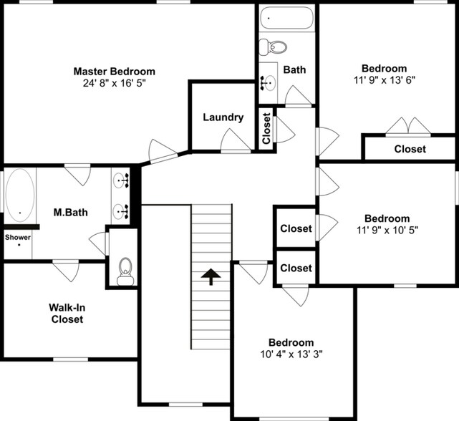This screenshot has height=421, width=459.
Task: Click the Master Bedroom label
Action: pyautogui.click(x=114, y=72)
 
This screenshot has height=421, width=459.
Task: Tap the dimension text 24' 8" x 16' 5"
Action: pyautogui.click(x=114, y=83)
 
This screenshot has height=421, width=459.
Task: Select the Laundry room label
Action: pyautogui.click(x=223, y=117)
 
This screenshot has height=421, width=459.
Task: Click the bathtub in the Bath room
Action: pyautogui.click(x=286, y=18)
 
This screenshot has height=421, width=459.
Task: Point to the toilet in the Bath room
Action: pyautogui.click(x=274, y=47)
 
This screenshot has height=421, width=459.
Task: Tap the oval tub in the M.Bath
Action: pyautogui.click(x=19, y=193)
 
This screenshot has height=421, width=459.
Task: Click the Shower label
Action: pyautogui.click(x=19, y=237)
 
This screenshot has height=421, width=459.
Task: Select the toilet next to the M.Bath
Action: pyautogui.click(x=125, y=271)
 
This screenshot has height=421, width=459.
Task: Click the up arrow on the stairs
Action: pyautogui.click(x=211, y=276)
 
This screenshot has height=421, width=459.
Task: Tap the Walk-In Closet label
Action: pyautogui.click(x=67, y=314)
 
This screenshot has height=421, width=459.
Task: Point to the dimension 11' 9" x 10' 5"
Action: pyautogui.click(x=387, y=230)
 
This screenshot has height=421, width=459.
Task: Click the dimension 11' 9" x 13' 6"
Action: pyautogui.click(x=384, y=80)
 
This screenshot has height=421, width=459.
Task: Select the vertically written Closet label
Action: pyautogui.click(x=266, y=129)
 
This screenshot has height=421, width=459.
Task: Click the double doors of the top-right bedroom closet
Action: pyautogui.click(x=408, y=127)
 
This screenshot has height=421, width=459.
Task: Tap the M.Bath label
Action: pyautogui.click(x=70, y=213)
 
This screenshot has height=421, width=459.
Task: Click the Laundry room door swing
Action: pyautogui.click(x=234, y=141)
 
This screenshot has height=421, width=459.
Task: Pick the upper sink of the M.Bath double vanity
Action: pyautogui.click(x=120, y=180)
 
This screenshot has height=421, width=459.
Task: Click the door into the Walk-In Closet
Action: pyautogui.click(x=66, y=270)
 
